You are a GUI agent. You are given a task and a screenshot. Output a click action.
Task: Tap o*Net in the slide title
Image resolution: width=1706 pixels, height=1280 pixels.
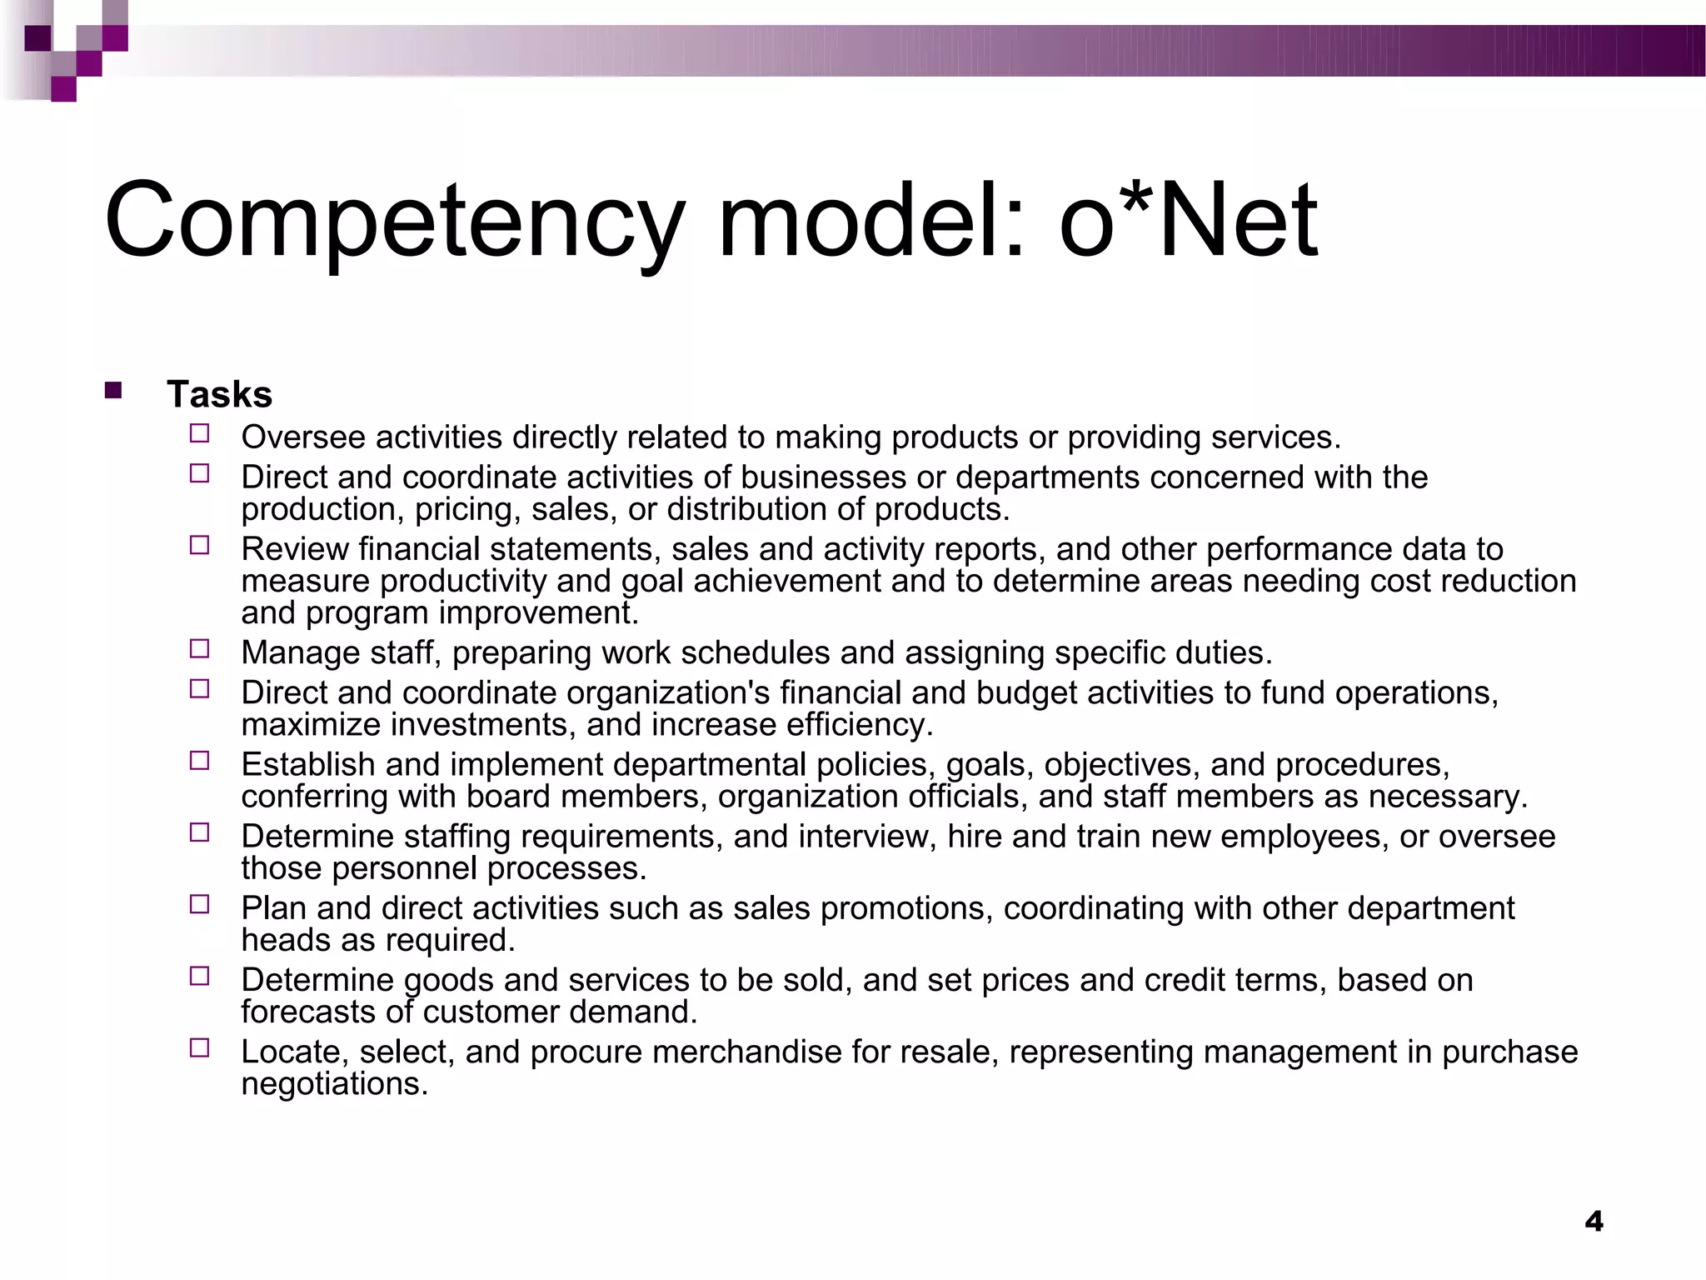1188,221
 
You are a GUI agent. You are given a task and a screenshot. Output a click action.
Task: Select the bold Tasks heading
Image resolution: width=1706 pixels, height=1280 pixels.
219,394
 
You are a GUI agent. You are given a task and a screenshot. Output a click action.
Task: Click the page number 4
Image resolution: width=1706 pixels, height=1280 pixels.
1594,1222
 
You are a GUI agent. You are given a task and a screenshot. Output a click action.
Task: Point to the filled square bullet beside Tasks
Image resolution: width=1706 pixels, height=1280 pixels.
113,390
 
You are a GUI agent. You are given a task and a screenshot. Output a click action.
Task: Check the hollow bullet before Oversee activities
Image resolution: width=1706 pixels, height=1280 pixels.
199,433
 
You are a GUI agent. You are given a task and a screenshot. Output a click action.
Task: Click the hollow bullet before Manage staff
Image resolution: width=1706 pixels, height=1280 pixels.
199,648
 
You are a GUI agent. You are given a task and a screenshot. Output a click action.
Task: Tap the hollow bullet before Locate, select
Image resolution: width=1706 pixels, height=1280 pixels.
199,1047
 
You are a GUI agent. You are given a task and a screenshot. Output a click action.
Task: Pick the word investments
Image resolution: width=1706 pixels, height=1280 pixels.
483,724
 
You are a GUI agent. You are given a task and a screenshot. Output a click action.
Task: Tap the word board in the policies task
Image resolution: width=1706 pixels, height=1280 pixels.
508,796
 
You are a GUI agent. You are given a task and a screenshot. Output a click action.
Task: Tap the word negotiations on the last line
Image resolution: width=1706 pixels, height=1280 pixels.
334,1083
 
